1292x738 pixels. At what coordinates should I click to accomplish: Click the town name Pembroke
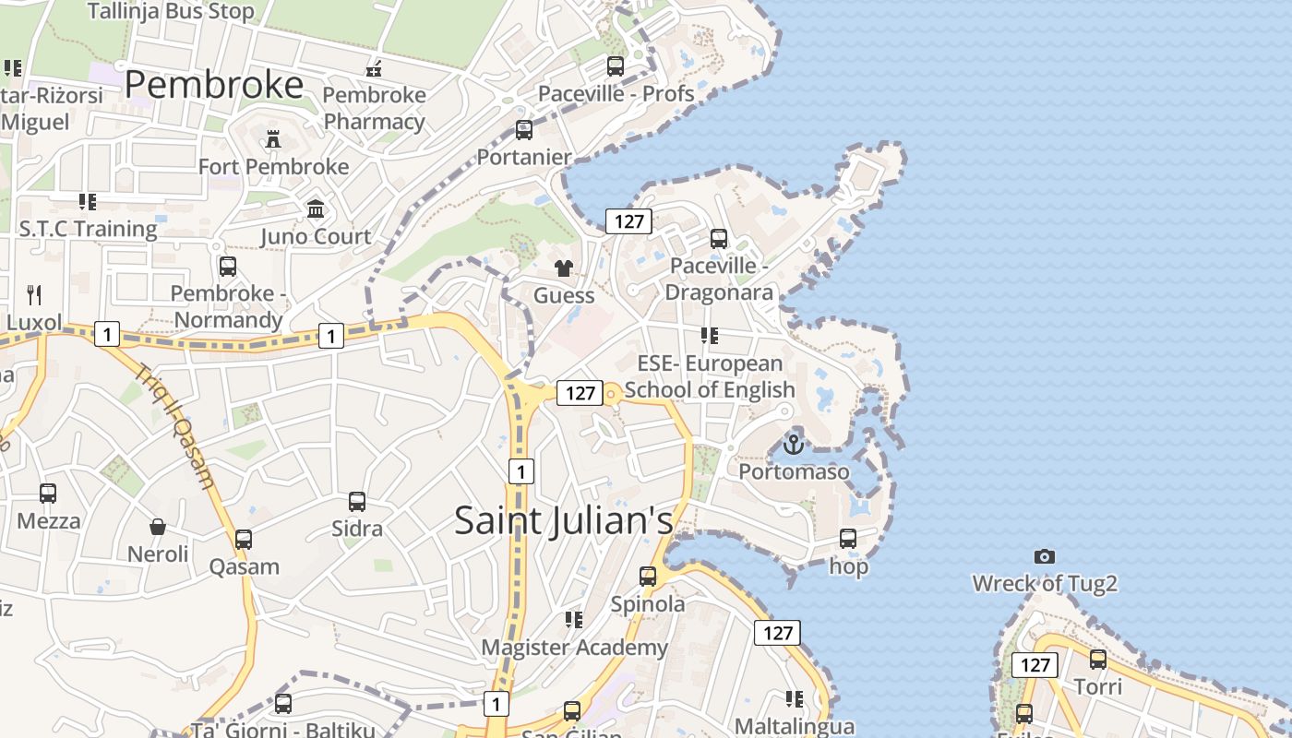tap(213, 85)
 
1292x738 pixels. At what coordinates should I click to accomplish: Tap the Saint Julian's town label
tap(563, 521)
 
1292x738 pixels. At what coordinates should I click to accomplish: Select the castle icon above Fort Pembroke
tap(273, 139)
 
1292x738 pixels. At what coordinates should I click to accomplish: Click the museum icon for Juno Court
tap(316, 209)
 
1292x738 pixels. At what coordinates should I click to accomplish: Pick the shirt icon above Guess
tap(563, 268)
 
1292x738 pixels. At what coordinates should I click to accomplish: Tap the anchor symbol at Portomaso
tap(794, 445)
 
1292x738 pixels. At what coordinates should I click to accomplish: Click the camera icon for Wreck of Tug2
tap(1045, 556)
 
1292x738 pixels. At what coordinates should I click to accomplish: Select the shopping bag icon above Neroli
tap(158, 527)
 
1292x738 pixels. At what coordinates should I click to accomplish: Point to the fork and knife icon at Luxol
tap(34, 295)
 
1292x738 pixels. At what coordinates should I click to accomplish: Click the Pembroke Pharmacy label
tap(374, 108)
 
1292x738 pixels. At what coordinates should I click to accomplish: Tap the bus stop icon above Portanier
tap(524, 130)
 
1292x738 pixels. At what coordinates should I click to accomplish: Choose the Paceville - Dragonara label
tap(719, 279)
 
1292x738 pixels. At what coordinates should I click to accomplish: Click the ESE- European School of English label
tap(709, 376)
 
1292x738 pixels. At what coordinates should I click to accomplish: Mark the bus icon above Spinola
tap(648, 577)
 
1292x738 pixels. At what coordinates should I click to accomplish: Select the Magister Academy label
tap(574, 648)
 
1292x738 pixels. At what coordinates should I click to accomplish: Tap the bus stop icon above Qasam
tap(244, 540)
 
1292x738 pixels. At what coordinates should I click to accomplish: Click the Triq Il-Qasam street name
tap(174, 425)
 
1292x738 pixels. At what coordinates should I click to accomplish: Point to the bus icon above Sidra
tap(357, 502)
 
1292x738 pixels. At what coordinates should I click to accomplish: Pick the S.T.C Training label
tap(89, 229)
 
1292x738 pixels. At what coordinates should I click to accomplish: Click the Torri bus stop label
tap(1098, 686)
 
